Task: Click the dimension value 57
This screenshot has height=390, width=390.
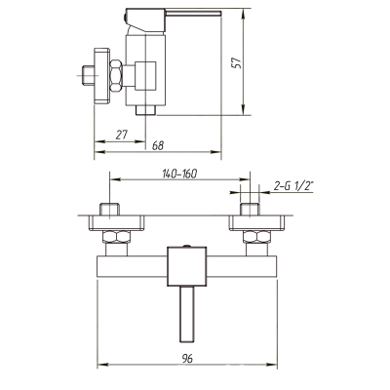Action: [237, 62]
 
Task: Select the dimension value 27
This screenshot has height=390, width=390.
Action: [122, 135]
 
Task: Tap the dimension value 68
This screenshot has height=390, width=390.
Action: [158, 145]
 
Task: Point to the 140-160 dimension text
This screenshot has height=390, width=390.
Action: [179, 174]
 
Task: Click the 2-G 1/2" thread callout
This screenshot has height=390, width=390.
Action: [292, 186]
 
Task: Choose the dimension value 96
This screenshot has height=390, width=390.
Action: [187, 359]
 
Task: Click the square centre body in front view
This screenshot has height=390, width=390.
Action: [187, 266]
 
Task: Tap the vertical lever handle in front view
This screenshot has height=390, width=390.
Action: [187, 314]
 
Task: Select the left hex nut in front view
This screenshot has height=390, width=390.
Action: [116, 237]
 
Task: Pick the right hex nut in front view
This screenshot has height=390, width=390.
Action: [257, 237]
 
